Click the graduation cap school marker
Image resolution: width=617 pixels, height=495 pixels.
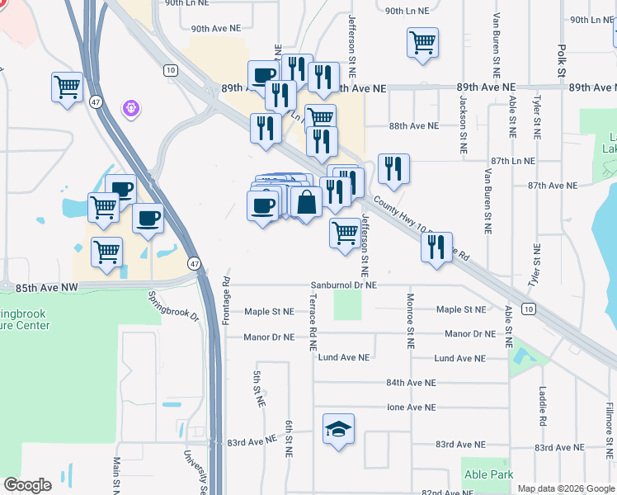[x=338, y=429]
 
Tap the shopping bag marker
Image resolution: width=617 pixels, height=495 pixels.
[x=306, y=201]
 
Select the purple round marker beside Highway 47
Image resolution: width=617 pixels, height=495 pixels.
[x=129, y=107]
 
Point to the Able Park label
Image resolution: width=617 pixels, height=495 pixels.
[x=487, y=474]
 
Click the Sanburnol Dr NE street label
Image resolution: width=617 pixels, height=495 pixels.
[x=343, y=285]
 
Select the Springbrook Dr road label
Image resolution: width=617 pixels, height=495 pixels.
[x=174, y=306]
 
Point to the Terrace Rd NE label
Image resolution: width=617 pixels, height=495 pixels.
[x=313, y=325]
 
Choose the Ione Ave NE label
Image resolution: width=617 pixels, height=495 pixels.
[x=410, y=408]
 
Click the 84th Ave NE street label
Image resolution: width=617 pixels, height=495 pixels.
[x=410, y=383]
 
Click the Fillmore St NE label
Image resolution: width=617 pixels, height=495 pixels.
[x=608, y=428]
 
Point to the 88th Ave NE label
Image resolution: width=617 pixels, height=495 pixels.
[x=413, y=126]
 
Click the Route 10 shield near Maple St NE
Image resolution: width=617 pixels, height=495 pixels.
[x=528, y=309]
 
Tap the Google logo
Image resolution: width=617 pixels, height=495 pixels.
[x=27, y=485]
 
